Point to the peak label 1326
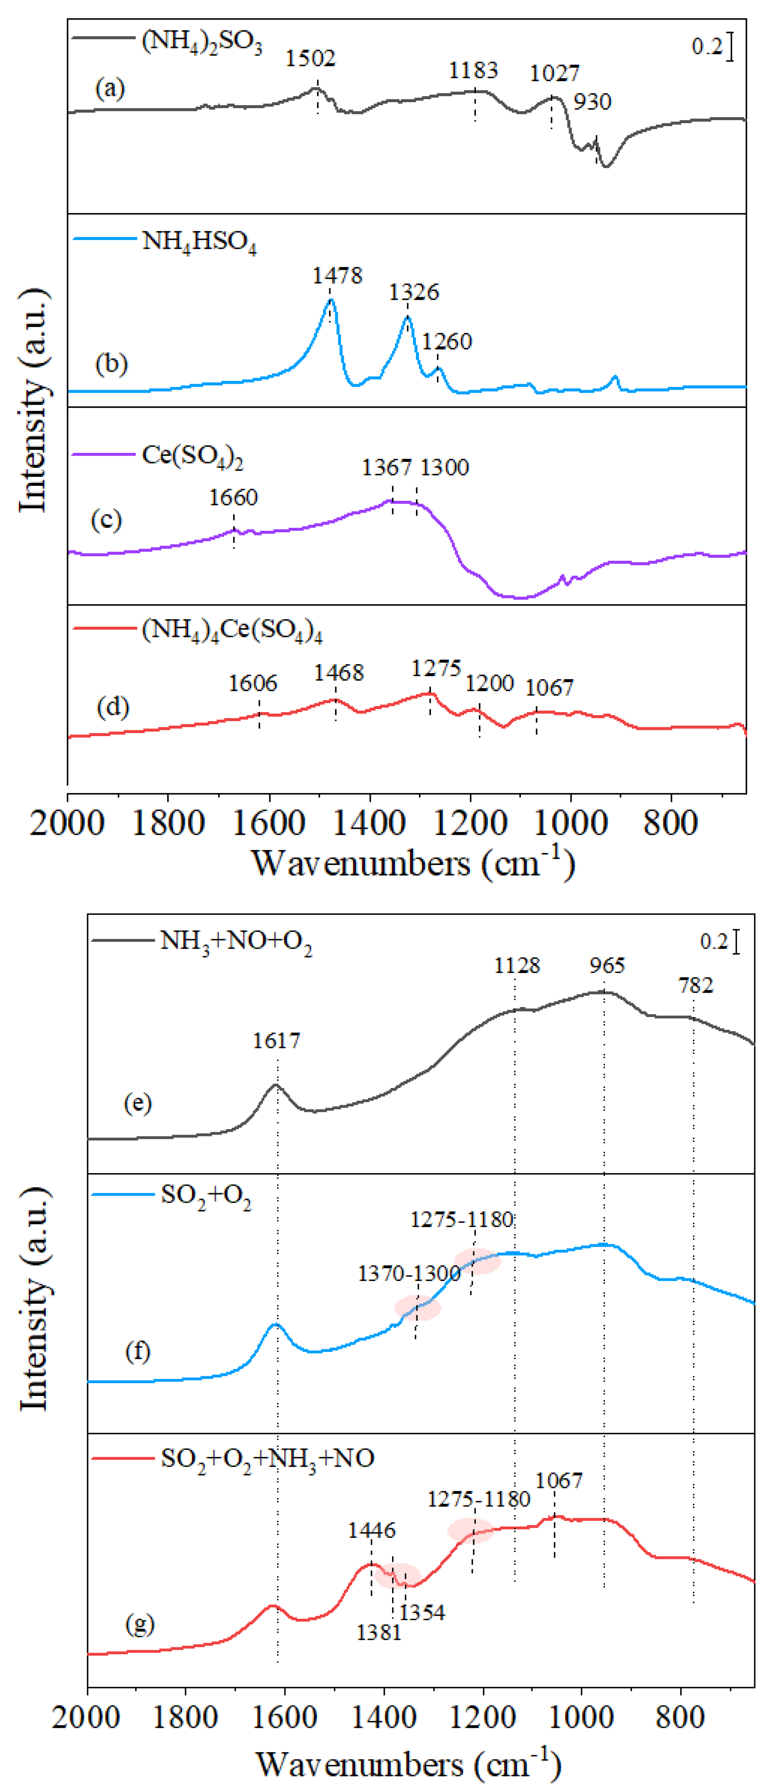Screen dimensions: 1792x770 414,292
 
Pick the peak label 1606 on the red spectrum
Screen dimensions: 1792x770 253,683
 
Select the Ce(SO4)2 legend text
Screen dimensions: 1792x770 192,455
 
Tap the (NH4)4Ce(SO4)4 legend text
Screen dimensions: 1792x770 232,630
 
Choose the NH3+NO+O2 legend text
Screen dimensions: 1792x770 236,942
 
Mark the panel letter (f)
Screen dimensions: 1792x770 138,1351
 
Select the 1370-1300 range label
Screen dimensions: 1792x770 409,1274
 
